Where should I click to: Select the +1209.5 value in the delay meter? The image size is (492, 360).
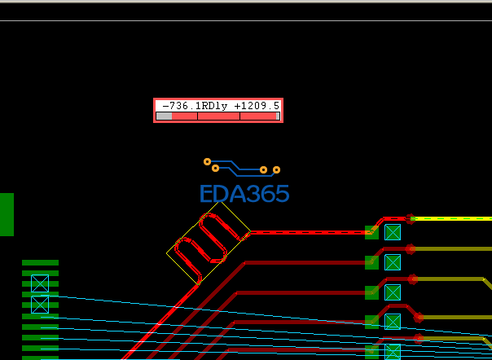(x=257, y=106)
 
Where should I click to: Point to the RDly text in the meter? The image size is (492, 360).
(x=214, y=106)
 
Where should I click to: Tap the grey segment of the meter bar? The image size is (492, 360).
(x=164, y=116)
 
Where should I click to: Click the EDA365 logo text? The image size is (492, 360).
(x=244, y=193)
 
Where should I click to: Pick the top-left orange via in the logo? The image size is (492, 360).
(x=207, y=161)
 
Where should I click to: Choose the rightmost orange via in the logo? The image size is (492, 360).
(x=276, y=169)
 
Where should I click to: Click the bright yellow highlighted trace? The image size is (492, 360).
(x=451, y=218)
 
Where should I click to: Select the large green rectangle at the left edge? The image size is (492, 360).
(x=7, y=214)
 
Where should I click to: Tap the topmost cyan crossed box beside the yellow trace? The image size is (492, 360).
(x=393, y=232)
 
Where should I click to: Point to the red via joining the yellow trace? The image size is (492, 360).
(x=410, y=218)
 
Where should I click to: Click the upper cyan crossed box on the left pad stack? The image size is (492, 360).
(x=40, y=283)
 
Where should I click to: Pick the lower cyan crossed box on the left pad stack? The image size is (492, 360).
(x=40, y=305)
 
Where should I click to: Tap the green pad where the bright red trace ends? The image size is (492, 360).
(x=371, y=233)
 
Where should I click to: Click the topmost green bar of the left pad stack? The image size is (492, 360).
(x=40, y=263)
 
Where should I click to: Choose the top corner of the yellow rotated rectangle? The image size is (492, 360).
(x=219, y=202)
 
